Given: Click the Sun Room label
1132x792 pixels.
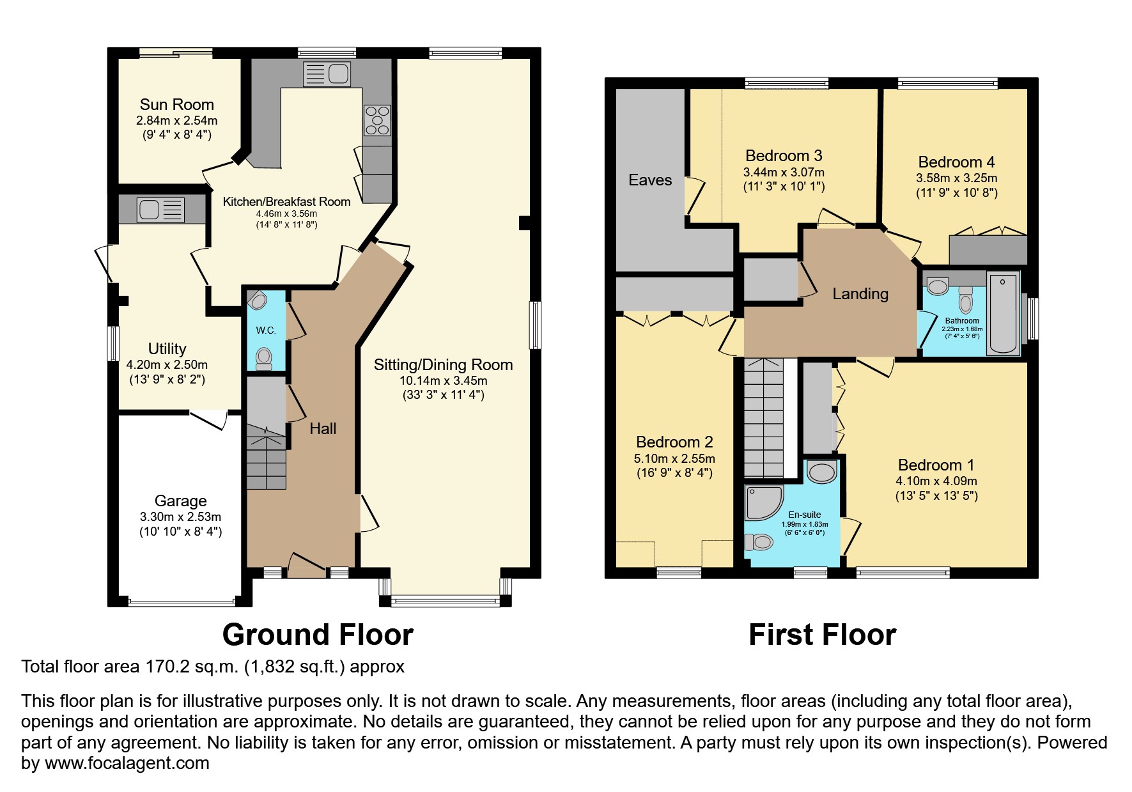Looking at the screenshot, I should (176, 105).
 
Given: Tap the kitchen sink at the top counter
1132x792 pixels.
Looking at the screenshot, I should (326, 74).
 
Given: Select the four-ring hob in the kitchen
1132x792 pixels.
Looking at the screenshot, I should (376, 120).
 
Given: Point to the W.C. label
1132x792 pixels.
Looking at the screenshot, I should (266, 330).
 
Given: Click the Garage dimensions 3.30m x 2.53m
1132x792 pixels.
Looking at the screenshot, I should (180, 516).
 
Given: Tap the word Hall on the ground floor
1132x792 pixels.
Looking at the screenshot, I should (323, 429).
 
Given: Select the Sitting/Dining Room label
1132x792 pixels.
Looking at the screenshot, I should (443, 365).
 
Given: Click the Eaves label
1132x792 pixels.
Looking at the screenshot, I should (650, 180).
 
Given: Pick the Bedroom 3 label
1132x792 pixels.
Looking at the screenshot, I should (784, 156).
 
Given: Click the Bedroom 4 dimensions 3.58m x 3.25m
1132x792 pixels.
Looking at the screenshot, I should (956, 178).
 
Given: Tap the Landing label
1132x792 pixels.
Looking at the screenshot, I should (860, 294).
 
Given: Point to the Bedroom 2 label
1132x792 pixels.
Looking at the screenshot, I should (674, 442).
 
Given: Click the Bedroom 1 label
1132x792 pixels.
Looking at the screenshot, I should (936, 465).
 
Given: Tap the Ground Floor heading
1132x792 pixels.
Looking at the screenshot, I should (318, 635).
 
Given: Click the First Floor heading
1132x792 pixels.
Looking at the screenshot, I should (822, 635).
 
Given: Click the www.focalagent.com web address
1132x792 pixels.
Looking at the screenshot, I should (127, 763).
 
